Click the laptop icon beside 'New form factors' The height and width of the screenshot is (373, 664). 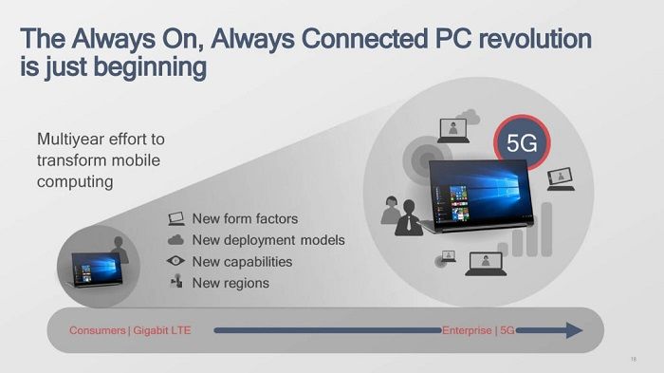click(x=176, y=219)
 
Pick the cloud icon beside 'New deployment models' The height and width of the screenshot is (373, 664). click(x=176, y=240)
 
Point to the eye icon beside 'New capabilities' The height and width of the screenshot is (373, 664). click(x=176, y=262)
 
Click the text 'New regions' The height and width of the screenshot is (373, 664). click(x=231, y=283)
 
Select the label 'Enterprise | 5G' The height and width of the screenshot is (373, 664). click(x=479, y=331)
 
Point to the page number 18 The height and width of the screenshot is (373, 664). click(x=633, y=360)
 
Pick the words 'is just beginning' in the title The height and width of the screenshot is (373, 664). click(x=113, y=68)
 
